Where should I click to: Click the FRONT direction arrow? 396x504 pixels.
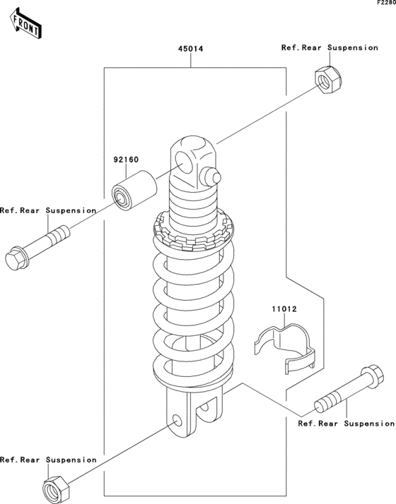coord(25,25)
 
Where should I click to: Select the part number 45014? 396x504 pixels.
coord(191,49)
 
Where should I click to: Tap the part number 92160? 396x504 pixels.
coord(126,160)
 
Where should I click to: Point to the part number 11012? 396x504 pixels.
coord(284,309)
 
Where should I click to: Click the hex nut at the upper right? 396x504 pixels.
coord(329,79)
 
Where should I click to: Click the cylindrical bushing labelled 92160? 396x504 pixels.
coord(134,191)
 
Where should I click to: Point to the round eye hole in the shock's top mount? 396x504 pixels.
coord(185,162)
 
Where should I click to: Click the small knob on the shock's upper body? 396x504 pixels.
coord(211,176)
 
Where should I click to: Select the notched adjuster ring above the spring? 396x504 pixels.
coord(194,229)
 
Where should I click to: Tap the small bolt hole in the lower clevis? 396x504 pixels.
coord(177,421)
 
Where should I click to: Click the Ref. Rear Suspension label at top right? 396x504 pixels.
coord(330,47)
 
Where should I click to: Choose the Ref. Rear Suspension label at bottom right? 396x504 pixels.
coord(346,424)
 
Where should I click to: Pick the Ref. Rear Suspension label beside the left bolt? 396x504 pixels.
coord(48,210)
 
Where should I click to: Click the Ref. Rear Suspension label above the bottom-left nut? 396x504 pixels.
coord(48,460)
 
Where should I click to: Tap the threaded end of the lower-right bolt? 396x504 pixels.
coord(326,402)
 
